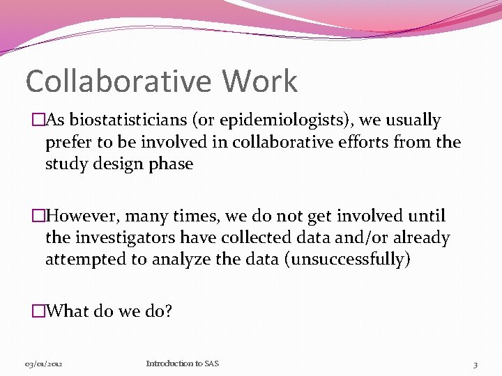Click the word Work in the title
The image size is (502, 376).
(260, 81)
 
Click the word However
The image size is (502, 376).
(81, 217)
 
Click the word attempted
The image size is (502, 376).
(82, 260)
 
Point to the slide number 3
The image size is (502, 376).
(475, 364)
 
